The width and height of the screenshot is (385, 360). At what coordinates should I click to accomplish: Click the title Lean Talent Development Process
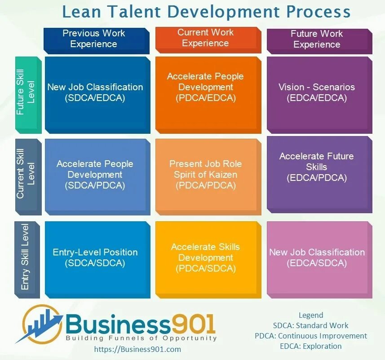(x=206, y=12)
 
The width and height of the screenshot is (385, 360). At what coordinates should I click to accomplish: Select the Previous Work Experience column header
(x=96, y=39)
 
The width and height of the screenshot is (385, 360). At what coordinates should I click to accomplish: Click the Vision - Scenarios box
(x=317, y=92)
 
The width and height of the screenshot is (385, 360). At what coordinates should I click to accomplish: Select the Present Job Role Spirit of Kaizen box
(x=206, y=175)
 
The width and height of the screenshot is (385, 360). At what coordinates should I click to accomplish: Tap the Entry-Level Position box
(x=96, y=258)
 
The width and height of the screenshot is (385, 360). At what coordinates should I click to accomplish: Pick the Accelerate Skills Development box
(x=206, y=258)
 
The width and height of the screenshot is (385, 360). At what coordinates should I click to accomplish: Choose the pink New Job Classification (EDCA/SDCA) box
(x=317, y=258)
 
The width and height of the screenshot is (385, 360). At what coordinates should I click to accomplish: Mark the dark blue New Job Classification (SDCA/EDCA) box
(x=96, y=92)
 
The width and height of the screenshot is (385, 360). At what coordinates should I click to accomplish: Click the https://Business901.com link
(x=138, y=349)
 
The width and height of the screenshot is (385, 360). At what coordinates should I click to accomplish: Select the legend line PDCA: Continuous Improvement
(x=311, y=336)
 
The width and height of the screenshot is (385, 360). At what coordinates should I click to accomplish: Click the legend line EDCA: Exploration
(x=311, y=346)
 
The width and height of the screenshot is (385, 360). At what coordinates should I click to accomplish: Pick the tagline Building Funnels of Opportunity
(x=142, y=338)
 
